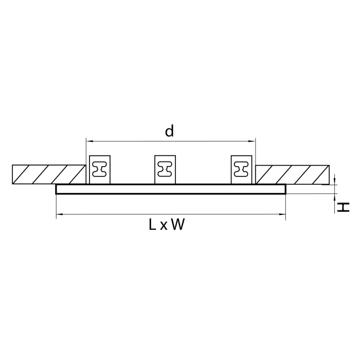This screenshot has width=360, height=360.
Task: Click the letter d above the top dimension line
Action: tap(169, 132)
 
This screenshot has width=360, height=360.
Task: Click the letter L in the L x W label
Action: tap(152, 225)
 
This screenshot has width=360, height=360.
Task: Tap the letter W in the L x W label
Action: tap(177, 225)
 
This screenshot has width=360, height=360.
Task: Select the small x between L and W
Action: tap(164, 226)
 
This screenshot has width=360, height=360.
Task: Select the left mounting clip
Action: tap(100, 169)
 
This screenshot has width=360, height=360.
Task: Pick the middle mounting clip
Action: tap(166, 169)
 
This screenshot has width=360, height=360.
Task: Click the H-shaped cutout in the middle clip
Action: tap(166, 169)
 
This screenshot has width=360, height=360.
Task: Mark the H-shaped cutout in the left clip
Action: tap(100, 169)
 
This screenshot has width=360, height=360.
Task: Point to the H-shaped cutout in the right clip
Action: tap(241, 169)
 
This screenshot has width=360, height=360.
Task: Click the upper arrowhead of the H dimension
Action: tap(334, 180)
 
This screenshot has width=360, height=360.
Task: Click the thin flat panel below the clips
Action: tap(170, 189)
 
